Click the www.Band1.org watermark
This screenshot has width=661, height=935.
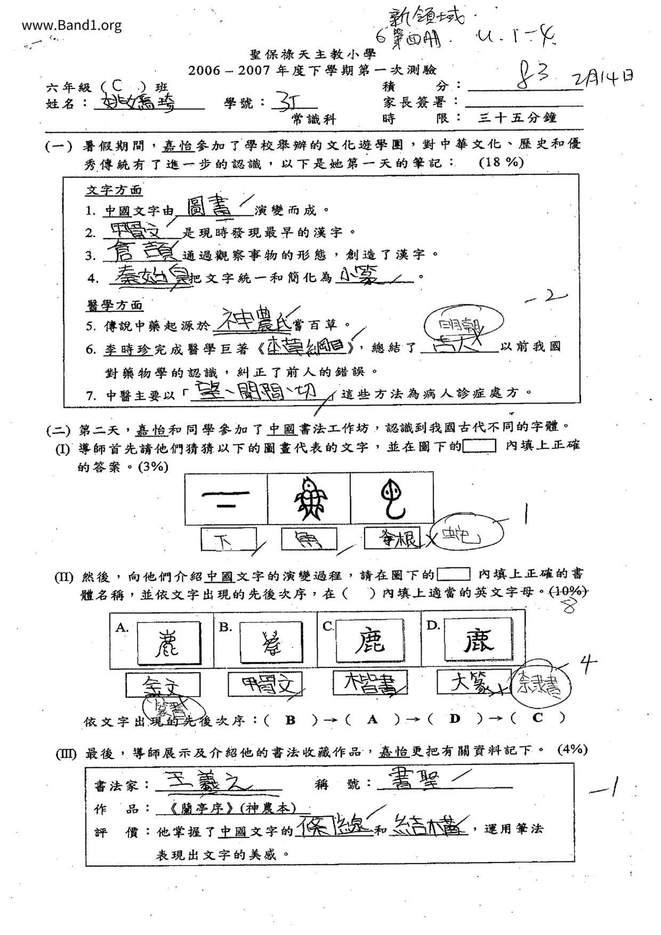click(x=72, y=25)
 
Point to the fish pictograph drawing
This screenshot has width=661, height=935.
click(x=309, y=498)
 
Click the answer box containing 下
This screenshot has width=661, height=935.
click(x=228, y=539)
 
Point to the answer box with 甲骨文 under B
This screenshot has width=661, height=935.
click(x=265, y=684)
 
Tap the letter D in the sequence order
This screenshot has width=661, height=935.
click(x=454, y=719)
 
